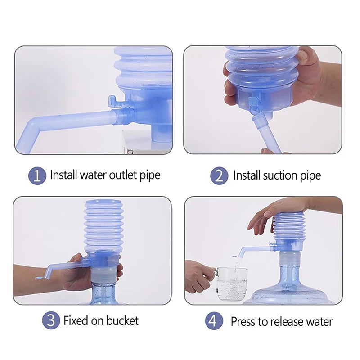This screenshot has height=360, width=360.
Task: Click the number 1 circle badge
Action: click(37, 175)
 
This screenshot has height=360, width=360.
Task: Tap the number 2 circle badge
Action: click(219, 175)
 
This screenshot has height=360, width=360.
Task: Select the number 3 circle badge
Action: click(51, 320)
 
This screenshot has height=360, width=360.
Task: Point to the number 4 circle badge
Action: click(215, 321)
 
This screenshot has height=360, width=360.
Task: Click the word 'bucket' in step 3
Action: click(122, 320)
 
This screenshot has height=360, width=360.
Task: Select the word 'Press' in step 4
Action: click(243, 321)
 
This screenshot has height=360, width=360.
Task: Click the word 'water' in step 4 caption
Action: click(319, 321)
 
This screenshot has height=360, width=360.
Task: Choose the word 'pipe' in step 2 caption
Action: click(310, 175)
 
